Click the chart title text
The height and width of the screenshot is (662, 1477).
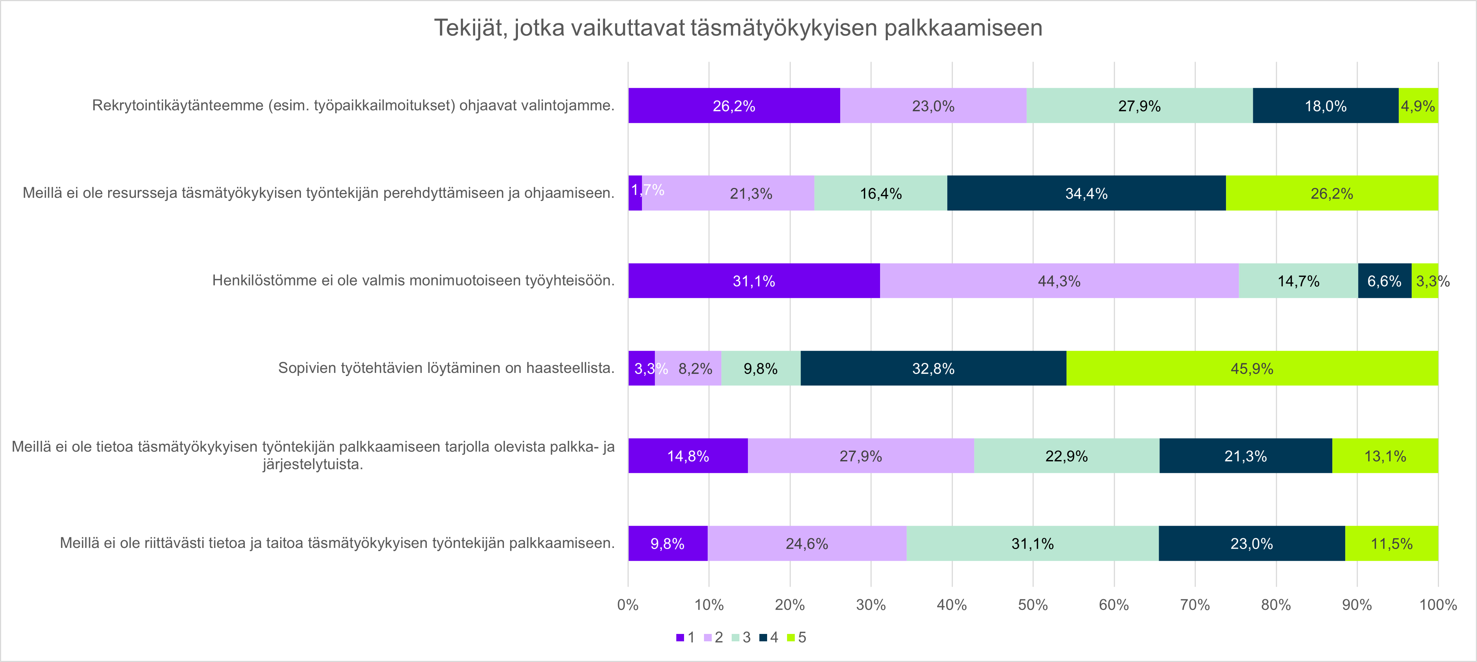click(x=738, y=28)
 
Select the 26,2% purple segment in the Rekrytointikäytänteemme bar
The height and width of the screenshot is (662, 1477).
click(x=734, y=106)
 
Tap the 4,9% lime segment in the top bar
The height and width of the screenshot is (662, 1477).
click(x=1418, y=106)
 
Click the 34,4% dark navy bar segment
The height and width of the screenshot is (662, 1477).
click(x=1086, y=193)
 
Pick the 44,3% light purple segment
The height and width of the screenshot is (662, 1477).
click(x=1059, y=281)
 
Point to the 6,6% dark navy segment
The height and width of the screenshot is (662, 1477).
click(x=1384, y=281)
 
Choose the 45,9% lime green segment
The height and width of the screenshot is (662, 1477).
click(x=1252, y=368)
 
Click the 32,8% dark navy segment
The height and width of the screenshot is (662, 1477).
click(x=933, y=368)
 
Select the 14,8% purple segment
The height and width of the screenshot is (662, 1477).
click(x=688, y=456)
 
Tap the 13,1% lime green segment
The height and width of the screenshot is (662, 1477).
click(x=1385, y=456)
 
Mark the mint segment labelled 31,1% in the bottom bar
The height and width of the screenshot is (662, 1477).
click(x=1032, y=543)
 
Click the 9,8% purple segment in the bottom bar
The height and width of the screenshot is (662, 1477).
click(x=667, y=543)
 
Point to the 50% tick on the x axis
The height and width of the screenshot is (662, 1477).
click(x=1033, y=605)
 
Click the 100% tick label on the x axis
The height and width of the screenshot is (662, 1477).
click(x=1438, y=605)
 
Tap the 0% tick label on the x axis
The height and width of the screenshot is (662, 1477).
click(x=628, y=605)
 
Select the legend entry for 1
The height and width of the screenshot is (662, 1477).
click(x=686, y=637)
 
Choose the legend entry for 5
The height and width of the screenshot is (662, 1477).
click(x=797, y=637)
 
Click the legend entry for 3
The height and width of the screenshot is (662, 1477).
click(x=741, y=637)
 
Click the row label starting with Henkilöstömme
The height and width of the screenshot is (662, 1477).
click(x=413, y=281)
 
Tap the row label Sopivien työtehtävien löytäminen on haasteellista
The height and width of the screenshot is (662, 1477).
click(x=446, y=368)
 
